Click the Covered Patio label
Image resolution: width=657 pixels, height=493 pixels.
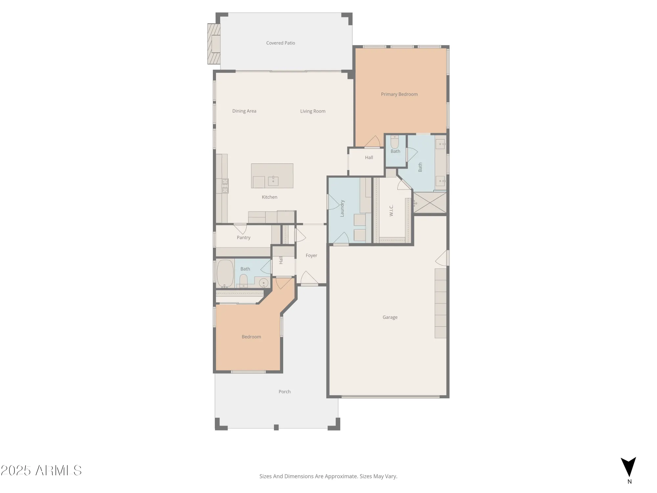(x=281, y=43)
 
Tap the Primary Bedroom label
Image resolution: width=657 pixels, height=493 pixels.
(x=399, y=94)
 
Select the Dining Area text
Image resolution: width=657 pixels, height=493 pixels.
(x=244, y=111)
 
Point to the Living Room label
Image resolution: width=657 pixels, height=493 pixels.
(x=313, y=111)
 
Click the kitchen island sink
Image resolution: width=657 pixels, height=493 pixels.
(x=273, y=181)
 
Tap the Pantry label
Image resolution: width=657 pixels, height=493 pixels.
(x=243, y=238)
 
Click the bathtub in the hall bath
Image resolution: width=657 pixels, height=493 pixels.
(x=225, y=273)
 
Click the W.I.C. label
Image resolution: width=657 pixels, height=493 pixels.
(x=391, y=210)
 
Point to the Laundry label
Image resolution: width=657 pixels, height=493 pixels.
(x=342, y=208)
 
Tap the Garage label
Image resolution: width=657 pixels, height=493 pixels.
(x=390, y=317)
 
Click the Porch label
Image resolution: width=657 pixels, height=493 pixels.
(x=284, y=392)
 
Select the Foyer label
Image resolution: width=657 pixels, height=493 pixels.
(x=311, y=256)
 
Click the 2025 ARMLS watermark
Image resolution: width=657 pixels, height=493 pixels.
(x=41, y=471)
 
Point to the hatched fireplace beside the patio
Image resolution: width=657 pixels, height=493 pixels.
(x=214, y=44)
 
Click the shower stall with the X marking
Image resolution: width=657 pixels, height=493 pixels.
(x=430, y=203)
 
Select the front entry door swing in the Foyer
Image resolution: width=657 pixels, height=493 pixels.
(x=308, y=278)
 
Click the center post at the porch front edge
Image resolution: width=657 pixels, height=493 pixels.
(x=276, y=427)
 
